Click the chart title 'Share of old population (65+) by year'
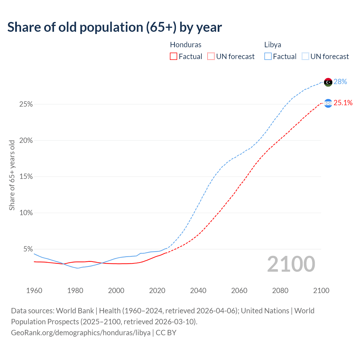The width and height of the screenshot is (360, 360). click(114, 27)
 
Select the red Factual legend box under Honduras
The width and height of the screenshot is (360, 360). click(174, 57)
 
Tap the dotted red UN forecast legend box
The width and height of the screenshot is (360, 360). click(211, 57)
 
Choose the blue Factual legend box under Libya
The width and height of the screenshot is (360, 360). click(268, 57)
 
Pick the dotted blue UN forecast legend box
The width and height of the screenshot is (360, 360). click(305, 57)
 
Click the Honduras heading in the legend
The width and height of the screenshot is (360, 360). click(186, 45)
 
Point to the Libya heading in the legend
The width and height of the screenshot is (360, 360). click(273, 45)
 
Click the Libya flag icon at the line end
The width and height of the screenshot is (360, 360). click(328, 82)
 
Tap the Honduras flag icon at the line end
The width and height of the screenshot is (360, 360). click(328, 103)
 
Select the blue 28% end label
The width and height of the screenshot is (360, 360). click(340, 82)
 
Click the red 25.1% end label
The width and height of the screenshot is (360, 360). click(343, 103)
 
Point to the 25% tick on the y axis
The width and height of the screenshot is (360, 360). click(26, 104)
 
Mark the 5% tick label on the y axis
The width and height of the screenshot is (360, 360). click(28, 249)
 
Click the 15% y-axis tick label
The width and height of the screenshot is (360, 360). click(26, 177)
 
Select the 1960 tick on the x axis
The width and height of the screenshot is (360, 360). click(34, 291)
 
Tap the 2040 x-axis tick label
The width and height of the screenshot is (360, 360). click(198, 291)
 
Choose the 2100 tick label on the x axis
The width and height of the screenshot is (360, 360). click(321, 291)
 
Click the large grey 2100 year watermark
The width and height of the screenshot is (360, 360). click(291, 264)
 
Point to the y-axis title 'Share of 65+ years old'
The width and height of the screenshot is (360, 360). click(12, 175)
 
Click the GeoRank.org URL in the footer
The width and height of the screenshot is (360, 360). click(81, 333)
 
